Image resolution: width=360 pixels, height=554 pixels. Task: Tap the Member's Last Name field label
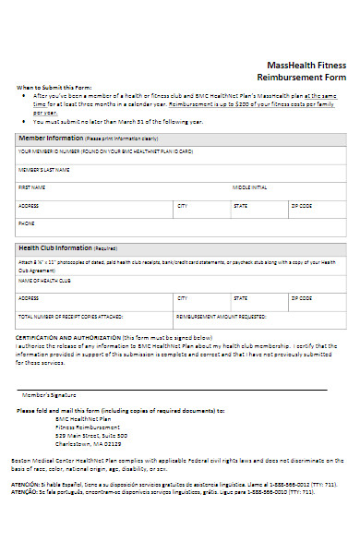(43, 170)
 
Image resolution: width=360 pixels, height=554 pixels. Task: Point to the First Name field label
(31, 187)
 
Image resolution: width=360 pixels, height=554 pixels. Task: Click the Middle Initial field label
(249, 187)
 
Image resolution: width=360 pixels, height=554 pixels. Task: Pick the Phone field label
(27, 223)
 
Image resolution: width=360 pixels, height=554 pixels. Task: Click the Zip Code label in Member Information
(301, 205)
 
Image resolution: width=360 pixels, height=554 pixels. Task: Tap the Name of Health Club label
(44, 280)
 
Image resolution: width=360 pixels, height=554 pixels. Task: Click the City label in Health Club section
(182, 298)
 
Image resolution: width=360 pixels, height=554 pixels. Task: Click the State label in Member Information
(240, 205)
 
